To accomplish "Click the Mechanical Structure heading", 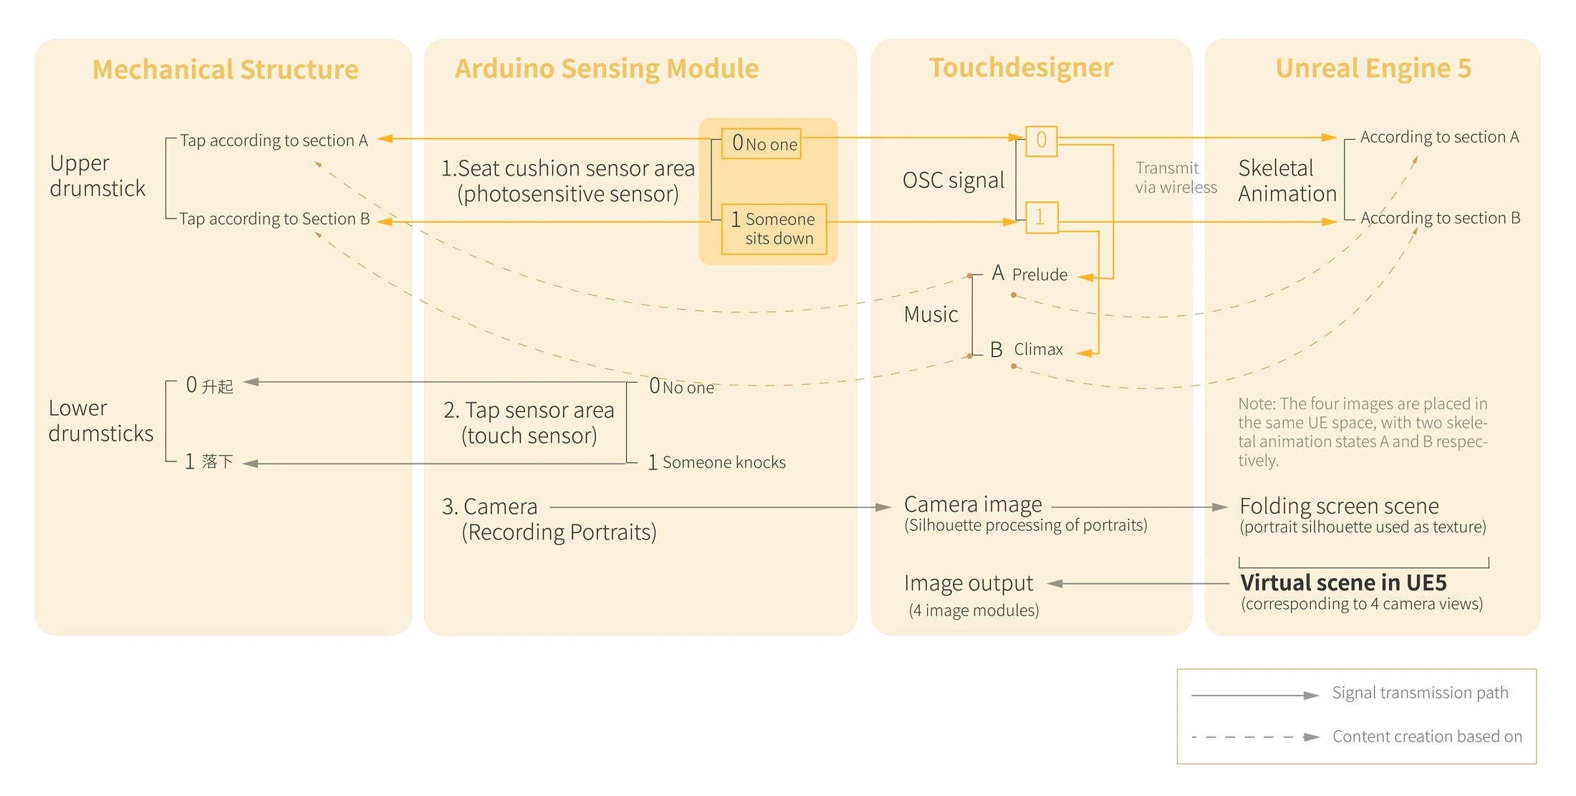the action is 226,69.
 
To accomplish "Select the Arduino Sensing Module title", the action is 607,69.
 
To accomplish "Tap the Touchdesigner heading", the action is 1022,68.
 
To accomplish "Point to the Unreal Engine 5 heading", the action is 1373,69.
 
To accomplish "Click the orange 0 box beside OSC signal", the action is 1042,140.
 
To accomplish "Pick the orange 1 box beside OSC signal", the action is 1042,217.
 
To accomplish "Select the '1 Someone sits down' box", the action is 774,229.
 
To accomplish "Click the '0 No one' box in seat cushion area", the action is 761,144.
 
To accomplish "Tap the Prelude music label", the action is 1039,275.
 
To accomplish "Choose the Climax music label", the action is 1038,350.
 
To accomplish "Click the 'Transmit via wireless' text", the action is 1176,178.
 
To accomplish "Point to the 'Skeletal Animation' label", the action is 1287,181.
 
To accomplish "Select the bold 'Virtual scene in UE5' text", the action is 1343,582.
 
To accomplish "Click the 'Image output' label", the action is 969,584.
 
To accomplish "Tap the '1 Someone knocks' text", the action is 716,463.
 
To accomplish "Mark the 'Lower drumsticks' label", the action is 101,421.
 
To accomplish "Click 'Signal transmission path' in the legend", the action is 1420,693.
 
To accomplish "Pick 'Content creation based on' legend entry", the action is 1427,737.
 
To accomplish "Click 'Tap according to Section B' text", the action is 274,219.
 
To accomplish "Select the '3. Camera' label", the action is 489,507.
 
